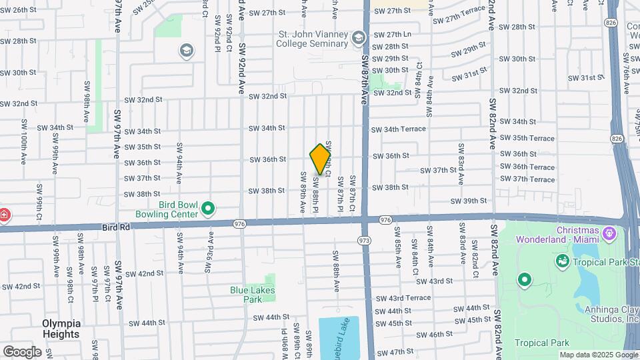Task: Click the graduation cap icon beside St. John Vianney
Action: (359, 38)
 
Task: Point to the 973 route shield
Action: (364, 239)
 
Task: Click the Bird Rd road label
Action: (116, 228)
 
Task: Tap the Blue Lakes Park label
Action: (252, 295)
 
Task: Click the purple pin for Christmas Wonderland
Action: (608, 234)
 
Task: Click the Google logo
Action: (22, 351)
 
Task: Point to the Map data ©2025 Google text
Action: (599, 355)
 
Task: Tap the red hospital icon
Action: (4, 215)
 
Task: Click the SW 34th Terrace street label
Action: (398, 129)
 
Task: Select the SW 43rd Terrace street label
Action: (403, 298)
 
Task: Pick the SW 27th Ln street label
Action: (391, 34)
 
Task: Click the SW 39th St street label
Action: (469, 201)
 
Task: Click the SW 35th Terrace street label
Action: (532, 139)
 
